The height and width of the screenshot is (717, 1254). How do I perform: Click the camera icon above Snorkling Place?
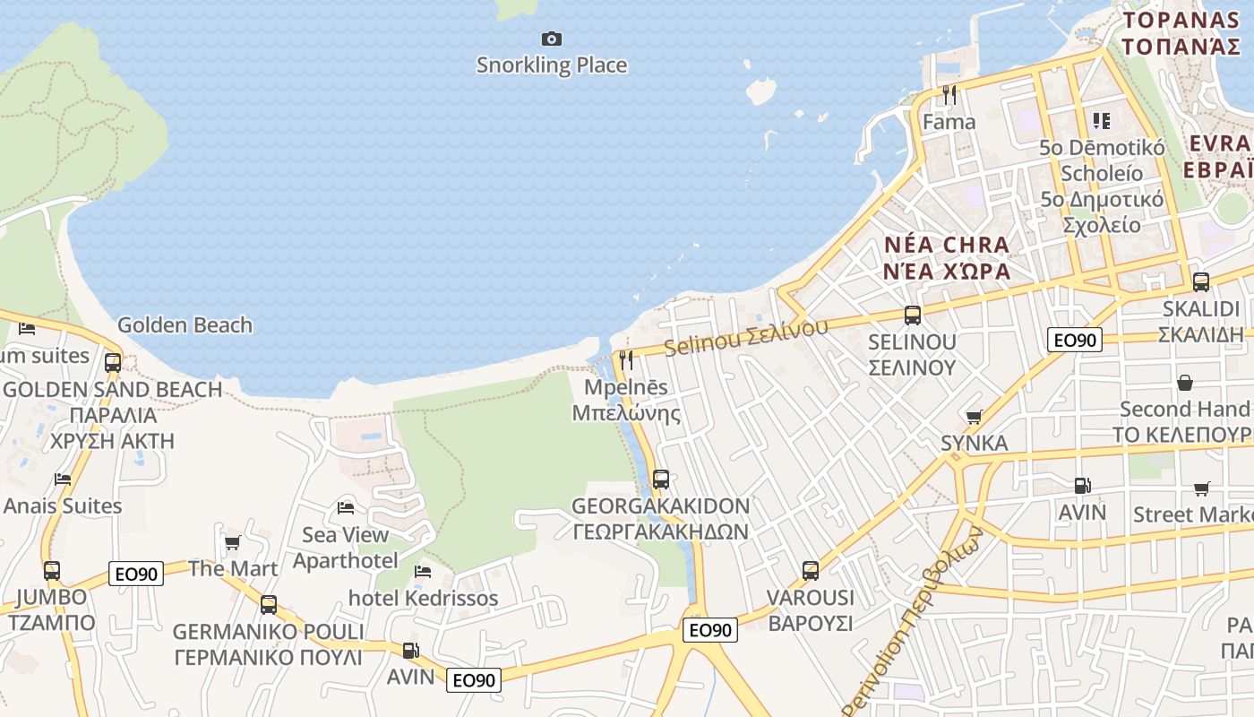552,39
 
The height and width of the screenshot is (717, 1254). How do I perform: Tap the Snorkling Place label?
552,65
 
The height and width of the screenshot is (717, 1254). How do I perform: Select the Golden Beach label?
185,325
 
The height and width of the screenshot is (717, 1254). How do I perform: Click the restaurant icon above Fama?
949,94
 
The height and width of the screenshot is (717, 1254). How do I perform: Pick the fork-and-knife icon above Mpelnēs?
626,360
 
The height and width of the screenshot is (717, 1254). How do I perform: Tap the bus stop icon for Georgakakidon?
661,479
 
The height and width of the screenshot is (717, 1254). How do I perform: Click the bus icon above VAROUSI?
811,571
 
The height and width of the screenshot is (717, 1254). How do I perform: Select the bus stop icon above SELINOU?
913,315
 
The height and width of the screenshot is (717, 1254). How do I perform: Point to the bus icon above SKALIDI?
1201,282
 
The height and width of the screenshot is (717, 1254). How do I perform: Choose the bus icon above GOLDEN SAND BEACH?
113,363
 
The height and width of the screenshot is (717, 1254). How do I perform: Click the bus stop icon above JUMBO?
52,571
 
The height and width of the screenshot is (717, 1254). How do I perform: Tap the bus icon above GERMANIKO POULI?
269,605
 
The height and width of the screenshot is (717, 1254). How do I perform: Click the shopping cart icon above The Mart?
233,542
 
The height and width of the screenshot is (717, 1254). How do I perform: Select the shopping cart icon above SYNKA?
975,417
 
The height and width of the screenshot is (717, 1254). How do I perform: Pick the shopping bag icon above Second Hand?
1185,383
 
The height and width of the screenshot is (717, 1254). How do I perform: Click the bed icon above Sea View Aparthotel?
346,508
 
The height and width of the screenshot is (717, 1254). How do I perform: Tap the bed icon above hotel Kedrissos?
423,571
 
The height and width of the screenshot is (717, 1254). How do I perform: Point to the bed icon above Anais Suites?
63,479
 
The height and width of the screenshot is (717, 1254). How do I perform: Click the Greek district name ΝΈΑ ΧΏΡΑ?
948,272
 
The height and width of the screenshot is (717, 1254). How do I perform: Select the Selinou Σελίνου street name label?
746,337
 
